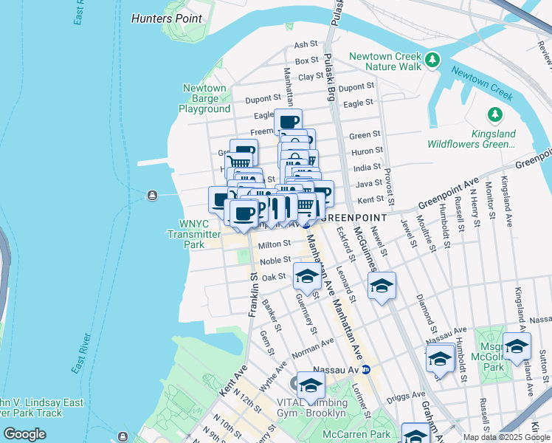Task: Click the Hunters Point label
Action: [166, 18]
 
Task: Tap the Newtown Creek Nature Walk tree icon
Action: [432, 58]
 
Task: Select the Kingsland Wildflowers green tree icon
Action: [494, 114]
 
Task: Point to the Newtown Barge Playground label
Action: [207, 98]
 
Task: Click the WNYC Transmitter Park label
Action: [184, 234]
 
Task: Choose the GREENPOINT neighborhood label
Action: [356, 218]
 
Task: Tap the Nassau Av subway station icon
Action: [365, 368]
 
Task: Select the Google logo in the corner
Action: [25, 434]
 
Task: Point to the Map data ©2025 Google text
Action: [506, 437]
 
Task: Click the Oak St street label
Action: [273, 276]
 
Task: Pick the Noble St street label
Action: [275, 260]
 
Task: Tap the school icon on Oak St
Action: [307, 277]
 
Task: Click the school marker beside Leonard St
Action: [382, 286]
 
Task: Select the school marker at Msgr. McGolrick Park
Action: [517, 346]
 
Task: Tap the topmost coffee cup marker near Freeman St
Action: [289, 122]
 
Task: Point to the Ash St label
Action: [305, 45]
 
